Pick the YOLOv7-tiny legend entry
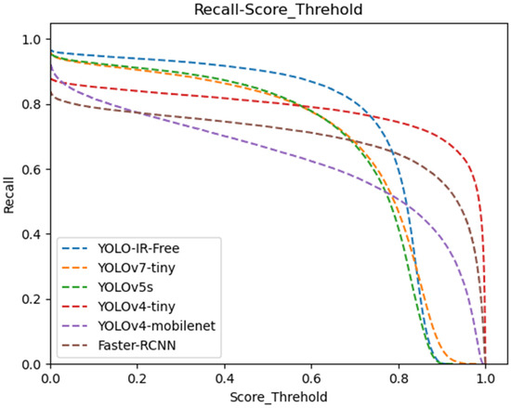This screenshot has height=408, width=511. click(132, 269)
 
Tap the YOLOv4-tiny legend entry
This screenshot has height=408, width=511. click(132, 308)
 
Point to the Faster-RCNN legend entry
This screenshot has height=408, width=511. click(132, 347)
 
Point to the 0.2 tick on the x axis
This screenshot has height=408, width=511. click(138, 377)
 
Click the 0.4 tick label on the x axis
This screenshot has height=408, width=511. click(225, 377)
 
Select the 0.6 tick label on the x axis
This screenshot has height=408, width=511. click(312, 377)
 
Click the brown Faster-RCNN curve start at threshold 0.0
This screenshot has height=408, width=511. click(52, 96)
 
